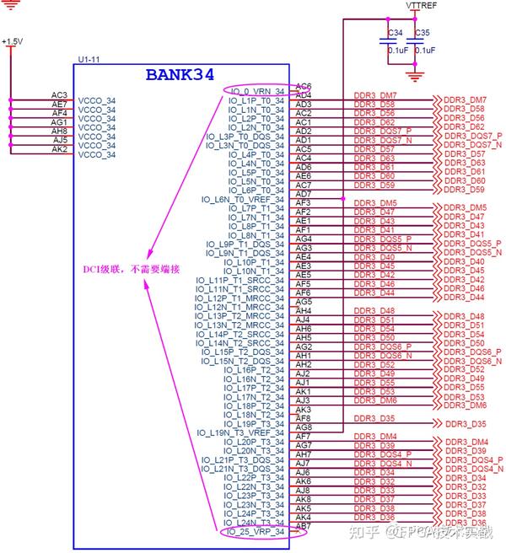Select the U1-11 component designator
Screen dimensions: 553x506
[88, 59]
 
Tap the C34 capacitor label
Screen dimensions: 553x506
[393, 33]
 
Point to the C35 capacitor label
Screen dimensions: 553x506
[423, 33]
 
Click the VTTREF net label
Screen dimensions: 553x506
[421, 5]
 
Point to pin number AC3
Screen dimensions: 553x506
[59, 95]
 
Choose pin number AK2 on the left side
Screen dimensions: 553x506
[59, 149]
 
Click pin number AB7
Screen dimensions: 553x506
[304, 526]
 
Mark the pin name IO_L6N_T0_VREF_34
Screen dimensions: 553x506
[243, 199]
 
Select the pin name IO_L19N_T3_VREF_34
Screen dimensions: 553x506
[241, 432]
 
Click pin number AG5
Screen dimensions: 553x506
[304, 301]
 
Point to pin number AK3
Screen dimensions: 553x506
[304, 410]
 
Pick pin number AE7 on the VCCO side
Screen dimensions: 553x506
[59, 104]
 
